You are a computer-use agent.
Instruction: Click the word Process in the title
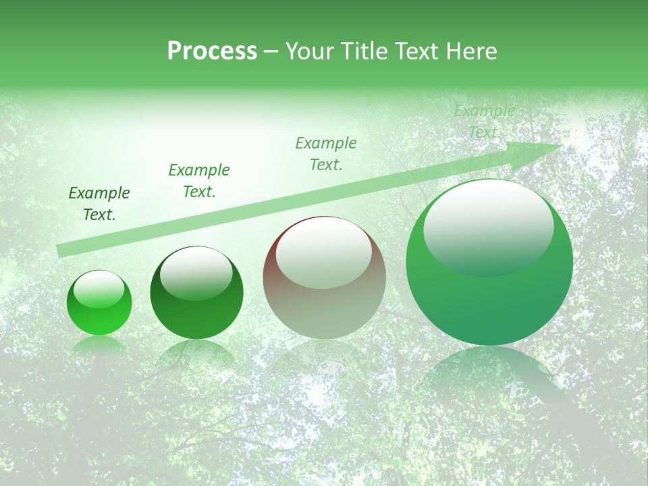click(212, 51)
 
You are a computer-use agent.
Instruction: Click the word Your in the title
click(309, 51)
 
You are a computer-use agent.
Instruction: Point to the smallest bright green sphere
click(99, 303)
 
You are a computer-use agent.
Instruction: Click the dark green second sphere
click(196, 293)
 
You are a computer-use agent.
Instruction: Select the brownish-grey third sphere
click(324, 277)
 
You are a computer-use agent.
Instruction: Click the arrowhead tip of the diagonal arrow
click(560, 145)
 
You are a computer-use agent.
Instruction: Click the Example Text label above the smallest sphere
click(99, 204)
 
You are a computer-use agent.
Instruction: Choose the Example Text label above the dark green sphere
click(199, 181)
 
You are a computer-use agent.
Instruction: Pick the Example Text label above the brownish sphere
click(326, 154)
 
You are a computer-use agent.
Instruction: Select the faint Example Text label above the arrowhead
click(485, 122)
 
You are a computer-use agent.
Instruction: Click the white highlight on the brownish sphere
click(323, 252)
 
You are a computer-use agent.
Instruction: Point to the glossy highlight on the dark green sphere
click(196, 273)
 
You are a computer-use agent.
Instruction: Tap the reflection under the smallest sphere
click(99, 346)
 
